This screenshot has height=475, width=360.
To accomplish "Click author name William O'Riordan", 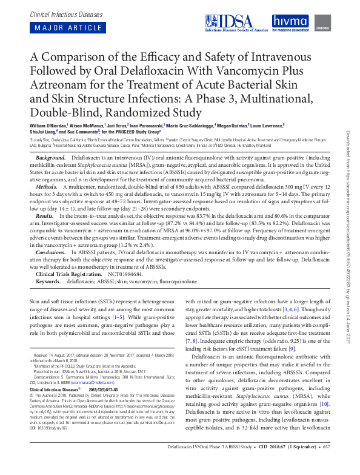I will coord(50,126).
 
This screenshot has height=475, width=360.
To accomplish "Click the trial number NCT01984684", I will coord(125,274).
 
